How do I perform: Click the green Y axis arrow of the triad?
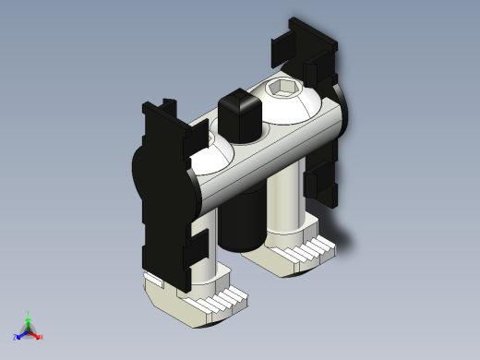(28, 320)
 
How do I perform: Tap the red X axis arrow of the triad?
(36, 334)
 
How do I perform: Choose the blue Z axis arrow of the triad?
(19, 334)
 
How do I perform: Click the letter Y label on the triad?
(28, 314)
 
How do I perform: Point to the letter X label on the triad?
(42, 338)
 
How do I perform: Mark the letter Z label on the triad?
(16, 338)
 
